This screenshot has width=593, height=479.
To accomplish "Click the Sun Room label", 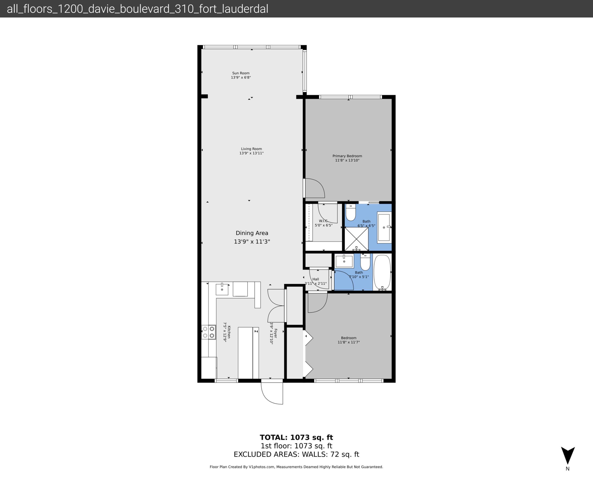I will tap(241, 73).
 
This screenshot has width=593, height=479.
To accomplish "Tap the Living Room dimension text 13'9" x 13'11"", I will tap(251, 153).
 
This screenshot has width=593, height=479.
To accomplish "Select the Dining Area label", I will tap(252, 233).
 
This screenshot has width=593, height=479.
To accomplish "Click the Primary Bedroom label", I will tap(347, 156).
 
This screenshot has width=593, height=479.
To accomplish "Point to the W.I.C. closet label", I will tap(323, 221).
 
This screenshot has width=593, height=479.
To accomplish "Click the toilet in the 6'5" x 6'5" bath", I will tap(351, 212).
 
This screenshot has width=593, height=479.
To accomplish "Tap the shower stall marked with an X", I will tap(356, 239).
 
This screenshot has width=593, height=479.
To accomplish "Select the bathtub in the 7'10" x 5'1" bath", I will tap(382, 272).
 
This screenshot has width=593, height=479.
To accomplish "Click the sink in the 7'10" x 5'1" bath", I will tap(344, 261).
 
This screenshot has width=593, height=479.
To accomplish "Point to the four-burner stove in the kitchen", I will tap(208, 332).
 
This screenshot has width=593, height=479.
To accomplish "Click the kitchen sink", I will tap(222, 289).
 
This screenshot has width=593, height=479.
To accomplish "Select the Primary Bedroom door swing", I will tap(315, 188).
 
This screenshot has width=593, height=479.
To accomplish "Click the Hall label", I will tap(316, 279).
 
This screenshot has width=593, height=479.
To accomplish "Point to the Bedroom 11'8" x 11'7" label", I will tap(348, 338).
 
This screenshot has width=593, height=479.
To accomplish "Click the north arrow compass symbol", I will tap(568, 455).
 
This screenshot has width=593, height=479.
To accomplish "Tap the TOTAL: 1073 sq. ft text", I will tap(296, 437).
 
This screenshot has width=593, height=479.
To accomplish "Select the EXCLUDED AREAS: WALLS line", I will tap(296, 454).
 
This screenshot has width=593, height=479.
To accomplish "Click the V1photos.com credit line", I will tap(296, 467).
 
